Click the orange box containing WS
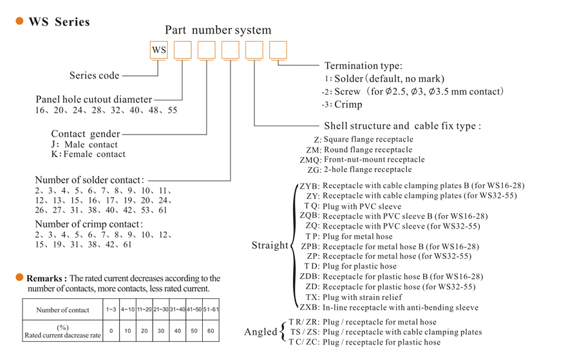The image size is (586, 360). [x=158, y=50]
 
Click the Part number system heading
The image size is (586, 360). [x=218, y=30]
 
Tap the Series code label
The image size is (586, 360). [x=94, y=75]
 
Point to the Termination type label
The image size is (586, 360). [x=363, y=66]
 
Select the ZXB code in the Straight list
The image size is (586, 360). [x=308, y=307]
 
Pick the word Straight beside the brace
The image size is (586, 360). [x=270, y=245]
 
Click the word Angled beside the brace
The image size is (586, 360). [x=260, y=332]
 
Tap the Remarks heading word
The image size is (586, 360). [x=46, y=278]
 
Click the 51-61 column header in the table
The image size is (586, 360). [x=211, y=310]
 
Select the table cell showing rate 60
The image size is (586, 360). [x=211, y=331]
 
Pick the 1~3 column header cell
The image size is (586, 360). [x=111, y=310]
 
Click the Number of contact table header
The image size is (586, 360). [x=62, y=310]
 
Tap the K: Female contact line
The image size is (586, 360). [x=88, y=155]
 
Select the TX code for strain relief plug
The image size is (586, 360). [x=312, y=297]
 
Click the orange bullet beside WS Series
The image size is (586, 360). [x=19, y=21]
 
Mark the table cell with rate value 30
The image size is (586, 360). [x=160, y=331]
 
